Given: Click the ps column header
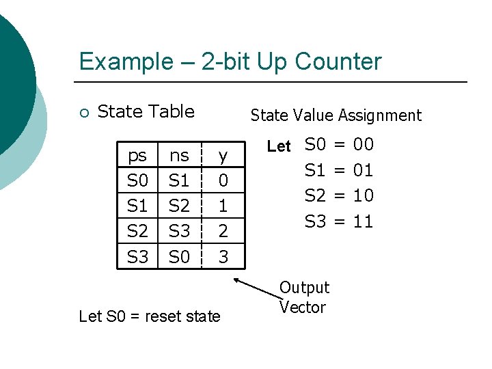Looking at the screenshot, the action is tap(137, 156).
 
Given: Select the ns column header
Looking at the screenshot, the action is tap(179, 156).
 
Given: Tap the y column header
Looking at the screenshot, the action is tap(223, 156).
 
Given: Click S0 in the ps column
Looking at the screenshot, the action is tap(137, 181).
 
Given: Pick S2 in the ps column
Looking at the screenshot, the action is tap(137, 231).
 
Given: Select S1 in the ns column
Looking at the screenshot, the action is tap(179, 181).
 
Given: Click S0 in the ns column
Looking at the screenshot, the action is tap(179, 257).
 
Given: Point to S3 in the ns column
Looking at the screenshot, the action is tap(179, 231).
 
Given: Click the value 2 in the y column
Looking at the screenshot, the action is tap(223, 232).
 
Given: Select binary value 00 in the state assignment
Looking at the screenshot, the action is tap(363, 144).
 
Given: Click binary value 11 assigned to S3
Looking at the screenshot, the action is tap(363, 221).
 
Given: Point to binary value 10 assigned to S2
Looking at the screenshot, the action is tap(363, 195).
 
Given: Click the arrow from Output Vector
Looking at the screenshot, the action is tap(256, 286).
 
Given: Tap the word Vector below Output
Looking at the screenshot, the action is tap(303, 307).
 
